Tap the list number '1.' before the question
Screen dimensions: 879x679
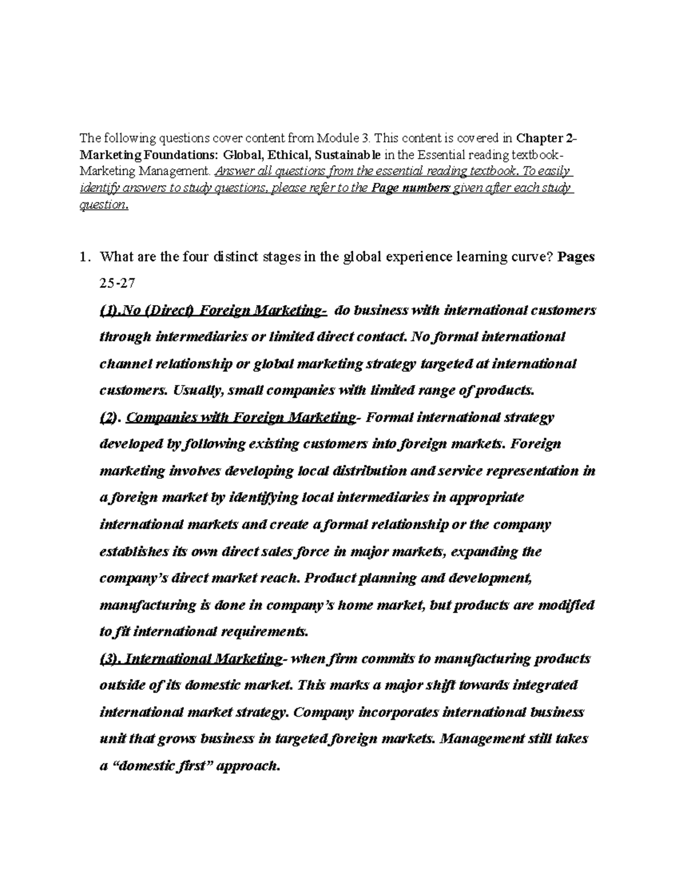click(x=85, y=257)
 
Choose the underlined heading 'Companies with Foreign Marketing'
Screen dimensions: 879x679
click(x=240, y=418)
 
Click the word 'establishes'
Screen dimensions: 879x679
click(x=134, y=551)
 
